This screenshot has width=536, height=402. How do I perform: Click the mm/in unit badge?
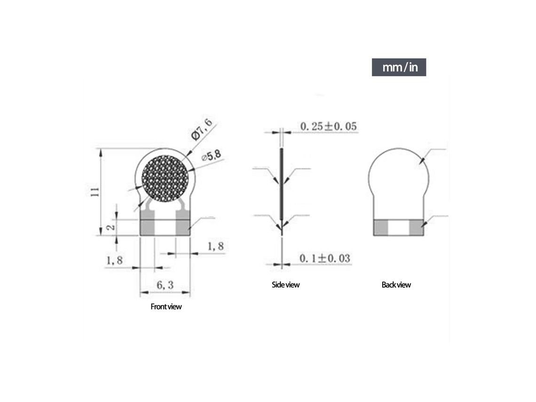[x=399, y=67]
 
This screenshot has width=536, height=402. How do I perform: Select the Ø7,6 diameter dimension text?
[x=201, y=129]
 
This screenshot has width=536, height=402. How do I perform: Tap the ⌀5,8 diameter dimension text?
[x=211, y=156]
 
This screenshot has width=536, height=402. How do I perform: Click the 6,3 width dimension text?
[x=165, y=285]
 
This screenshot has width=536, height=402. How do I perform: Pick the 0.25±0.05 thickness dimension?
[x=329, y=126]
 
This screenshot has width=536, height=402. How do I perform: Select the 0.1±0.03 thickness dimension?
[x=325, y=258]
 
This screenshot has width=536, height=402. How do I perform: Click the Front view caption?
[x=166, y=307]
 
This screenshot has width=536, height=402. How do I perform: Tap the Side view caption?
[x=285, y=285]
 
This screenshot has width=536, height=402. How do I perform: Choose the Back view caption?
[x=396, y=285]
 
